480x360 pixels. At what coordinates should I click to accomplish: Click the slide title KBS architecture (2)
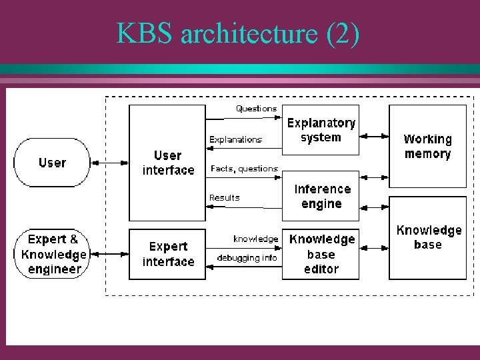point(238,33)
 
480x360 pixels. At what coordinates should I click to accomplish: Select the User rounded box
point(52,163)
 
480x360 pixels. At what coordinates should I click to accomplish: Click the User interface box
point(167,163)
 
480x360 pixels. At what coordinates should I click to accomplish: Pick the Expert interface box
point(167,254)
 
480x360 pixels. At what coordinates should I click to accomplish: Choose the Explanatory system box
point(321,131)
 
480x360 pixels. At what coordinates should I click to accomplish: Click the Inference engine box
point(321,197)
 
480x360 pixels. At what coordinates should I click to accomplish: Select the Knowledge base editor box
point(321,254)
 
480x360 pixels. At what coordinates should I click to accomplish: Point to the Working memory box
point(427,147)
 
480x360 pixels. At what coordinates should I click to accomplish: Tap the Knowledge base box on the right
point(427,237)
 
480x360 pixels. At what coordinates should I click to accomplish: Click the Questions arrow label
point(256,108)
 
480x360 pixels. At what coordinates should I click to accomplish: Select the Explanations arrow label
point(235,139)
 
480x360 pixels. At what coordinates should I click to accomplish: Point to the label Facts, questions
point(244,169)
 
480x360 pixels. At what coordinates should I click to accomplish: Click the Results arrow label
point(225,197)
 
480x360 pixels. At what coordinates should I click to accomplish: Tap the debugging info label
point(247,257)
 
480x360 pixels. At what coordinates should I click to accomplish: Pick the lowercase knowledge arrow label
point(255,239)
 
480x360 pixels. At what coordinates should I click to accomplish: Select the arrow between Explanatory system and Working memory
point(374,135)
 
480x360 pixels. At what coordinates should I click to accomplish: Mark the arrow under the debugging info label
point(244,267)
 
